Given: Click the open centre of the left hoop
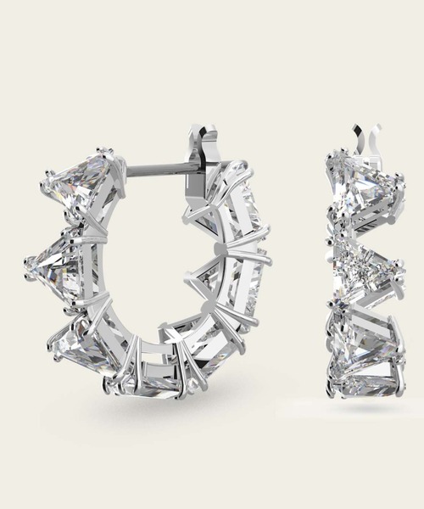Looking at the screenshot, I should click(148, 271).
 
